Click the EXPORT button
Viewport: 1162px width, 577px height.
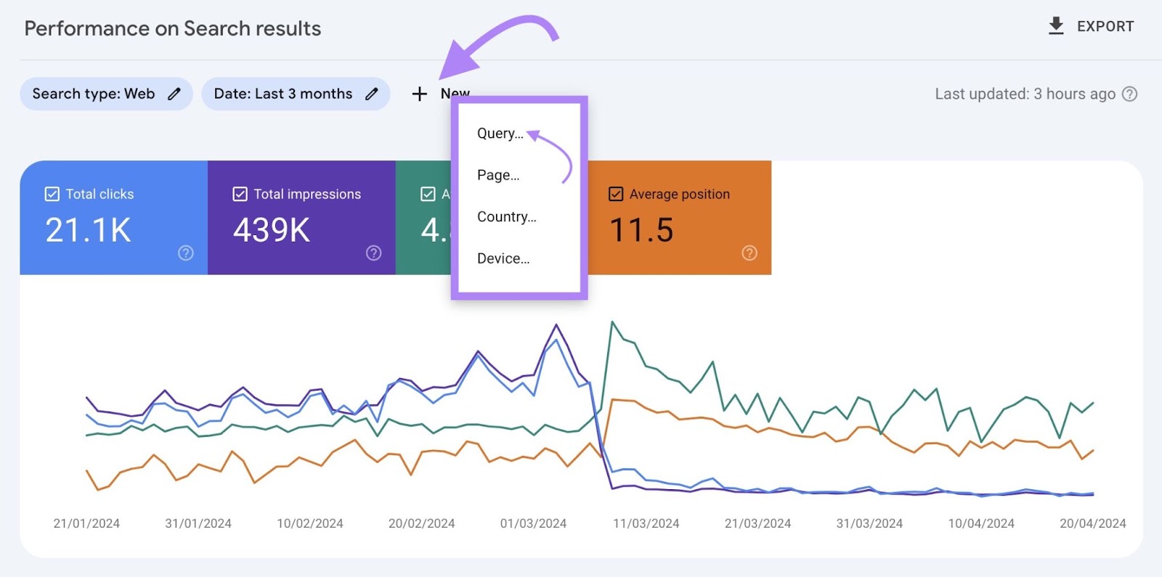point(1092,26)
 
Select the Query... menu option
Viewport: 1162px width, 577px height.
point(500,134)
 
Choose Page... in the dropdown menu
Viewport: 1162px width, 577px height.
point(498,175)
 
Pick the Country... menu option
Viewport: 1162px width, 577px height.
point(506,217)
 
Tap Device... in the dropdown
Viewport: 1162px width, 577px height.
point(503,258)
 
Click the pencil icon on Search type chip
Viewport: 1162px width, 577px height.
point(174,94)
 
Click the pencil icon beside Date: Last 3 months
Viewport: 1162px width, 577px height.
point(372,94)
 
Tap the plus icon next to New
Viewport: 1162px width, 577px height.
point(419,94)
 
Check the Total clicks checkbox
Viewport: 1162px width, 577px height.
point(52,194)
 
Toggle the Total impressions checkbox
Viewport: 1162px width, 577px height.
point(240,194)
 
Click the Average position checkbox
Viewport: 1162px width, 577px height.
point(616,194)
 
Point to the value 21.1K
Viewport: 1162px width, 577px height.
point(88,231)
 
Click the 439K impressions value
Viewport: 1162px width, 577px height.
point(272,231)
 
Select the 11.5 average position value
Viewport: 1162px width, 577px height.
point(641,231)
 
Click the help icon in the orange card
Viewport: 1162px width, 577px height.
point(749,253)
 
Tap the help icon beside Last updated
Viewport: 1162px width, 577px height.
point(1129,94)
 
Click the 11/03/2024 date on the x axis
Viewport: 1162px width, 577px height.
point(646,523)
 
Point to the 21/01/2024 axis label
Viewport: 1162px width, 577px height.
point(86,523)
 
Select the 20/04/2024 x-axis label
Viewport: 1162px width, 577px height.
point(1092,523)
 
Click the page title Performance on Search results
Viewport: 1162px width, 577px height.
point(173,28)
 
